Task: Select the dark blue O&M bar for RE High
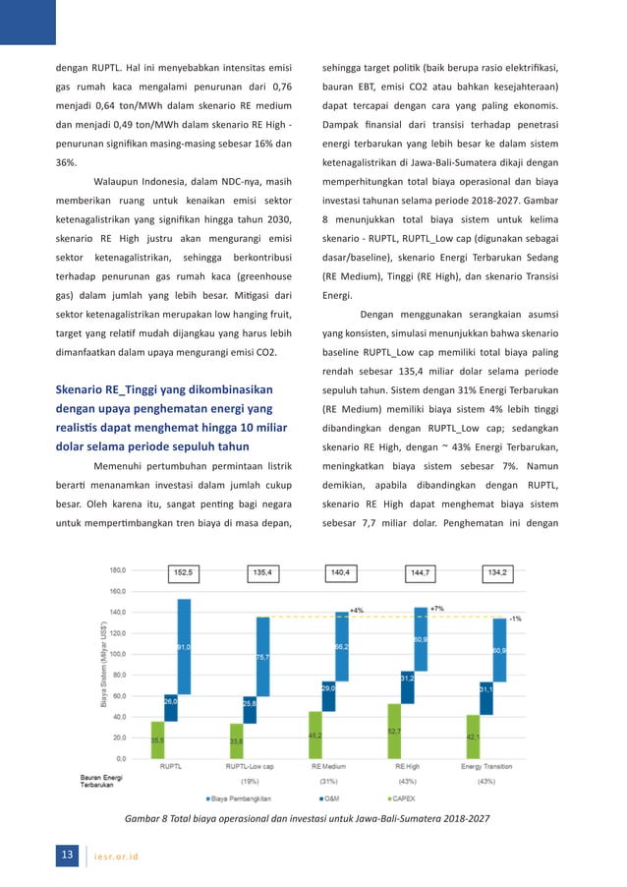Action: tap(408, 686)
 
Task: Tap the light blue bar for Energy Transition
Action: tap(499, 650)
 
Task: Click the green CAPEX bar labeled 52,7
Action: tap(394, 731)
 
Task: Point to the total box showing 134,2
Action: tap(499, 570)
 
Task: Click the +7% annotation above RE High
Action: tap(436, 609)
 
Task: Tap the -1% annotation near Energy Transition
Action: tap(514, 618)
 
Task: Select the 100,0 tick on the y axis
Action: tap(117, 654)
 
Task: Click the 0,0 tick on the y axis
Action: tap(121, 758)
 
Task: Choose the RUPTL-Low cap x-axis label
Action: tap(250, 767)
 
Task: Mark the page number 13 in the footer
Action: tap(67, 856)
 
